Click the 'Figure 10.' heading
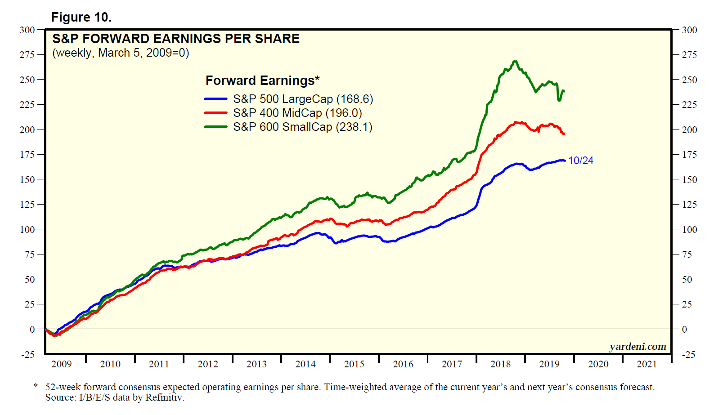coord(81,17)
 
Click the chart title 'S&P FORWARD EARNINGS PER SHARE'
coord(176,39)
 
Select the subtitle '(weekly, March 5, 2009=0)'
coord(121,53)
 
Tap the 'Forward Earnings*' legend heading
coord(262,80)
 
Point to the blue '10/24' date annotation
coord(580,161)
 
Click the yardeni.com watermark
coord(638,346)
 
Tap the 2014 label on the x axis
coord(305,364)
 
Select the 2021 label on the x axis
coord(647,364)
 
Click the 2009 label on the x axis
coord(61,364)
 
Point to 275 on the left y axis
coord(27,55)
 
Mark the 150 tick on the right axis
coord(689,179)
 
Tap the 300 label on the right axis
coord(689,30)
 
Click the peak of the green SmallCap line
coord(515,62)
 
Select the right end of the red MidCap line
coord(564,134)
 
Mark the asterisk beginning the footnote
coord(36,386)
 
